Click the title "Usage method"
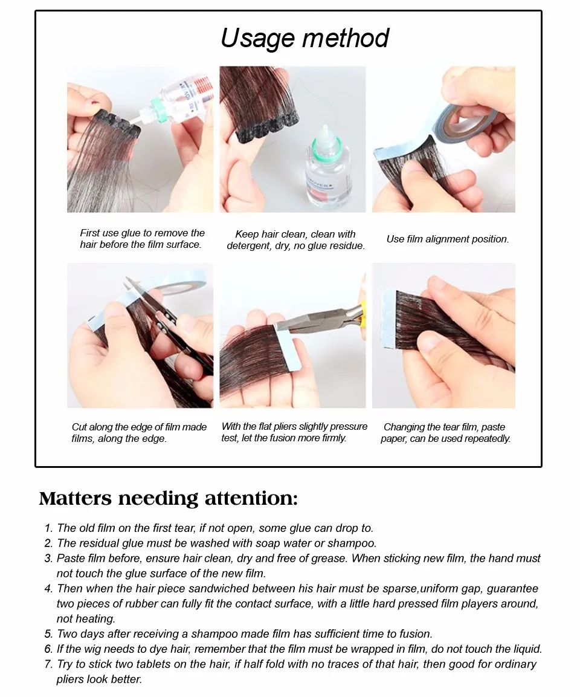click(304, 38)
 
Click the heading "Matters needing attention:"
click(168, 498)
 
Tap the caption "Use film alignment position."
click(448, 239)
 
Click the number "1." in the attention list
click(49, 528)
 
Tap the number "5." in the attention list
click(48, 634)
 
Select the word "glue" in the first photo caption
click(133, 233)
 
